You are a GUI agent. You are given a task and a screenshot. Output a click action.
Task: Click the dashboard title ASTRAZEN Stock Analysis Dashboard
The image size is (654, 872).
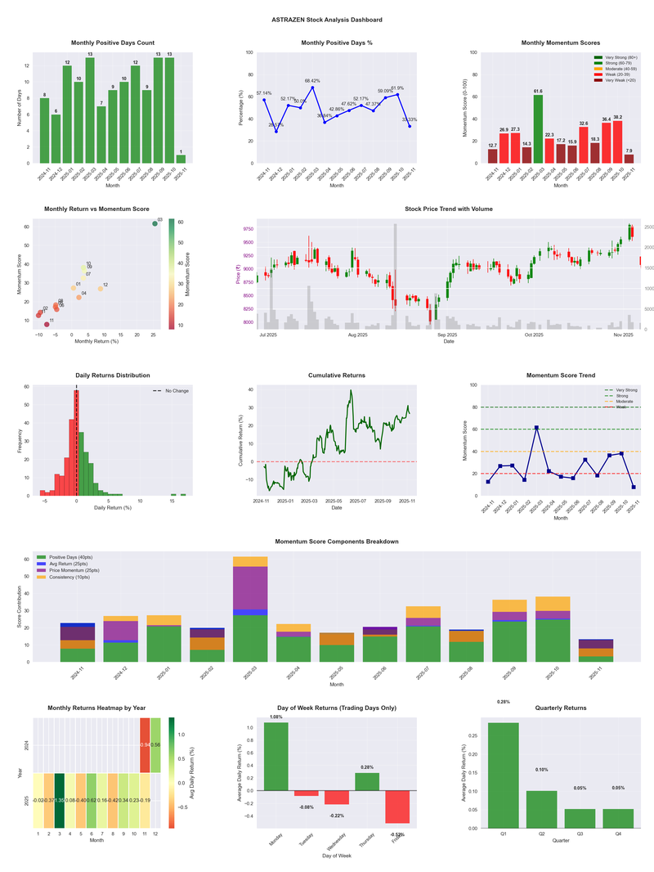pyautogui.click(x=327, y=19)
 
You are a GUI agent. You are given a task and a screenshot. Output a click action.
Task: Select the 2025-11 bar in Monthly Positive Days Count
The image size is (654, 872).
pyautogui.click(x=181, y=159)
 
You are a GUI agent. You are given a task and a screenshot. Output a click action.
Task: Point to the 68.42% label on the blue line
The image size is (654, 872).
pyautogui.click(x=312, y=81)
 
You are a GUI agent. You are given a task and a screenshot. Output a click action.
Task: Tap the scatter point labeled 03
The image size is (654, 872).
pyautogui.click(x=155, y=223)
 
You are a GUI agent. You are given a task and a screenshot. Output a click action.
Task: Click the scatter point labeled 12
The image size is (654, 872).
pyautogui.click(x=101, y=289)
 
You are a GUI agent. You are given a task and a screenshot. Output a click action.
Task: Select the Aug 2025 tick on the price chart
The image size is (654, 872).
pyautogui.click(x=357, y=335)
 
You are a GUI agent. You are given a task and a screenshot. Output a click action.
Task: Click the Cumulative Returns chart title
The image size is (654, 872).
pyautogui.click(x=337, y=375)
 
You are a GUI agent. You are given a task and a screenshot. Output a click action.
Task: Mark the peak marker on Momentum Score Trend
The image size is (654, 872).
pyautogui.click(x=536, y=427)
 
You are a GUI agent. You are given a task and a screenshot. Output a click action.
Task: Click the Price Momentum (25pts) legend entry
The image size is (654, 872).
pyautogui.click(x=83, y=569)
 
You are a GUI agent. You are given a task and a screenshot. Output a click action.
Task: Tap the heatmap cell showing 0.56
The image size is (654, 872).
pyautogui.click(x=155, y=745)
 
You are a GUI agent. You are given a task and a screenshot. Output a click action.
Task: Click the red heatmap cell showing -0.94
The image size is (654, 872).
pyautogui.click(x=145, y=745)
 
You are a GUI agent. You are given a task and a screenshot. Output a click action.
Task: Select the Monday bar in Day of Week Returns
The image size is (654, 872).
pyautogui.click(x=275, y=757)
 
